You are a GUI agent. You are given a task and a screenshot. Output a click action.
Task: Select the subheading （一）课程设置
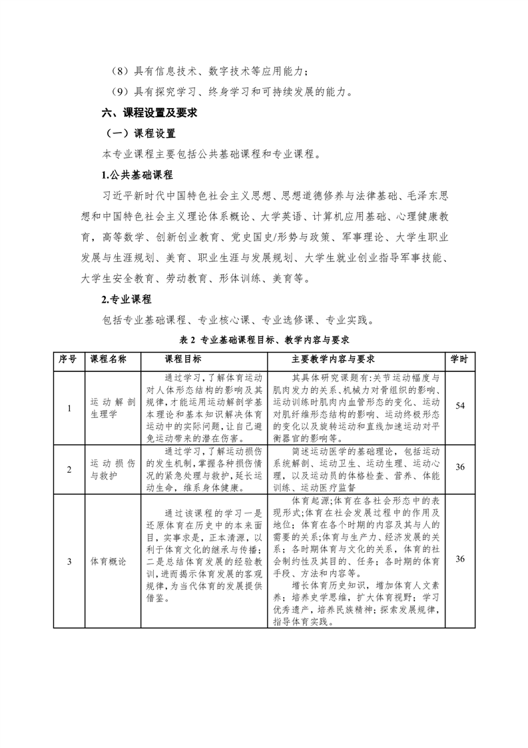tap(138, 133)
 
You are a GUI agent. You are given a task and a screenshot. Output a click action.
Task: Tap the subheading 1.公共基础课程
tap(136, 175)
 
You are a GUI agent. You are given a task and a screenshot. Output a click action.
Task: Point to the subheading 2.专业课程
tap(127, 299)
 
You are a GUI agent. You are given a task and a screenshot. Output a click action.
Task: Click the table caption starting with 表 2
tap(264, 339)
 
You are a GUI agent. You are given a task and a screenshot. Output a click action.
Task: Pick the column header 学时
tap(459, 359)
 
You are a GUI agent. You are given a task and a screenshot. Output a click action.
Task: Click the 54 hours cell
tap(459, 405)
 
